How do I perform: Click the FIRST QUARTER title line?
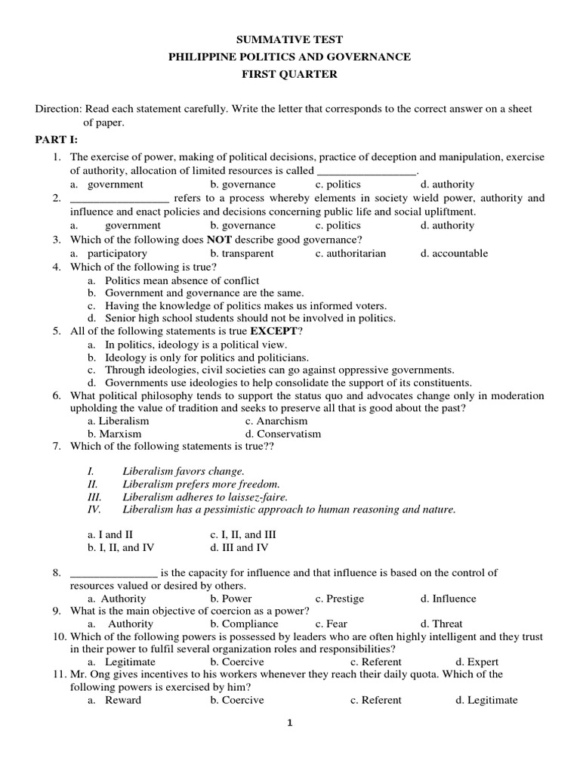point(290,74)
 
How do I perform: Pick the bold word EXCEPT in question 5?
point(273,331)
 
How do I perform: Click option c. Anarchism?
point(276,420)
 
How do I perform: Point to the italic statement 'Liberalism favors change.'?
point(184,470)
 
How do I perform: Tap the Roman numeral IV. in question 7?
point(95,509)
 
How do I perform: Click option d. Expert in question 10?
point(477,661)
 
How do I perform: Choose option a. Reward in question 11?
point(114,700)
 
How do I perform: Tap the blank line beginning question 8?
point(113,573)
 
